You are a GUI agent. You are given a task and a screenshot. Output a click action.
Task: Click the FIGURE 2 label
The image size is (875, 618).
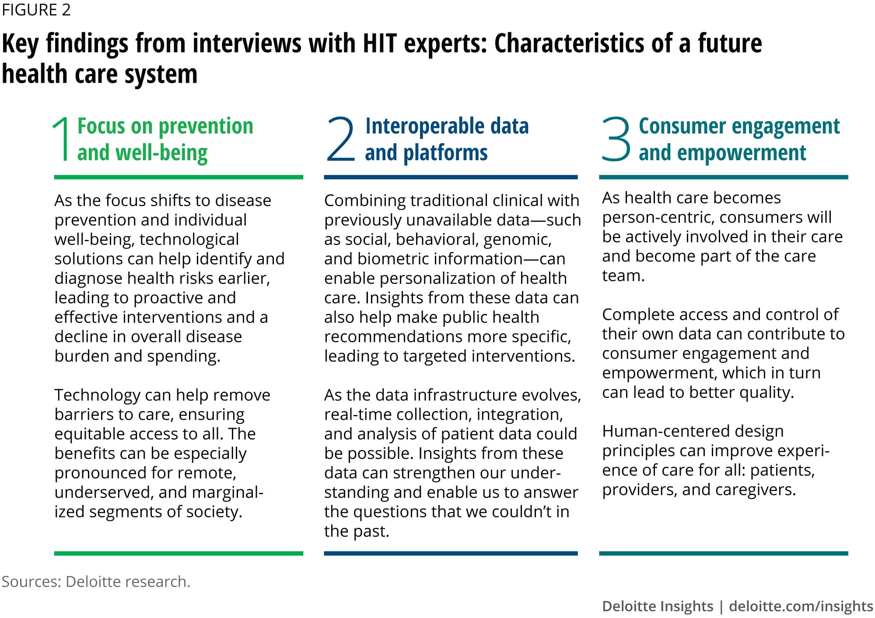pos(36,10)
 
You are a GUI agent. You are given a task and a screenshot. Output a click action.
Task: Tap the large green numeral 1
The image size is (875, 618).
pos(62,139)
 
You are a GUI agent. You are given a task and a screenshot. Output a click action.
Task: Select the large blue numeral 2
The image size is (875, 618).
pos(340,139)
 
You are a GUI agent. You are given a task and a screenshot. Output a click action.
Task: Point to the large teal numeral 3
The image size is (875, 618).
pos(616,139)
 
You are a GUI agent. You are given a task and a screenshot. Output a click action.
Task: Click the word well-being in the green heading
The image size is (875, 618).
pos(161,153)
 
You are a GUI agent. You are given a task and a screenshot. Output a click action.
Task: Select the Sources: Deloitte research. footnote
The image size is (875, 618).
pos(96,582)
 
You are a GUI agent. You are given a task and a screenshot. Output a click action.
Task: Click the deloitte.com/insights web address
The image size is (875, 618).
pos(801,606)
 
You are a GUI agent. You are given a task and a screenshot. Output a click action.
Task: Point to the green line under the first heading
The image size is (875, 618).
pos(178,177)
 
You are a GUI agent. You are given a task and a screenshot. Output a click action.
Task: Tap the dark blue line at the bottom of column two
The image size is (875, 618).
pos(451,554)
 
